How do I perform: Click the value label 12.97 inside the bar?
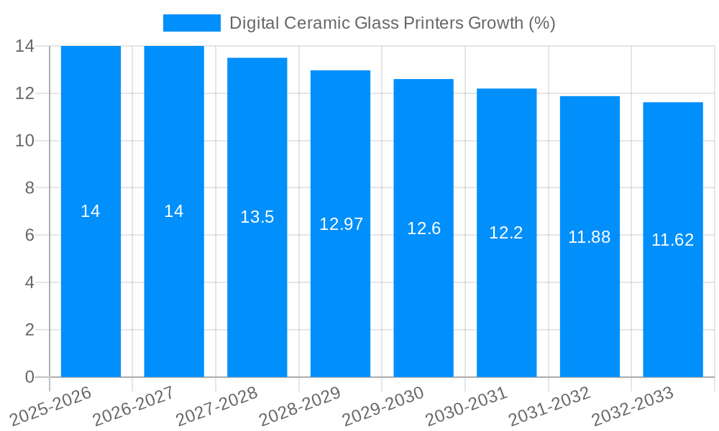click(x=341, y=224)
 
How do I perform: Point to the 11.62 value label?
click(x=672, y=240)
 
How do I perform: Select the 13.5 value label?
click(x=257, y=217)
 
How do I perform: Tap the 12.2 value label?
click(x=505, y=233)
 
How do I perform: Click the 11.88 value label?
click(x=589, y=237)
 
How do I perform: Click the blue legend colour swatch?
click(x=191, y=23)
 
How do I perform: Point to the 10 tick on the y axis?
click(x=25, y=141)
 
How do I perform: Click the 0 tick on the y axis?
click(x=29, y=377)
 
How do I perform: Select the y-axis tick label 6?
click(x=29, y=236)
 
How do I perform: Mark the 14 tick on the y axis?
click(x=25, y=46)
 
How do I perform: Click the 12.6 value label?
click(x=423, y=228)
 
